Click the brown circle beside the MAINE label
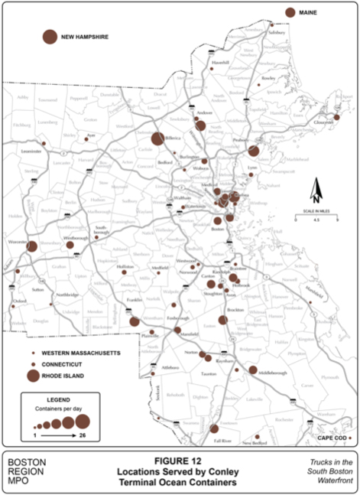(290, 12)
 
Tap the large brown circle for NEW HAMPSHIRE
(50, 36)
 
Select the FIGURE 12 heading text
(180, 461)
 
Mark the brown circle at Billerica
(157, 139)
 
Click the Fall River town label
(222, 441)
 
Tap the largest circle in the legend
(82, 421)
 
